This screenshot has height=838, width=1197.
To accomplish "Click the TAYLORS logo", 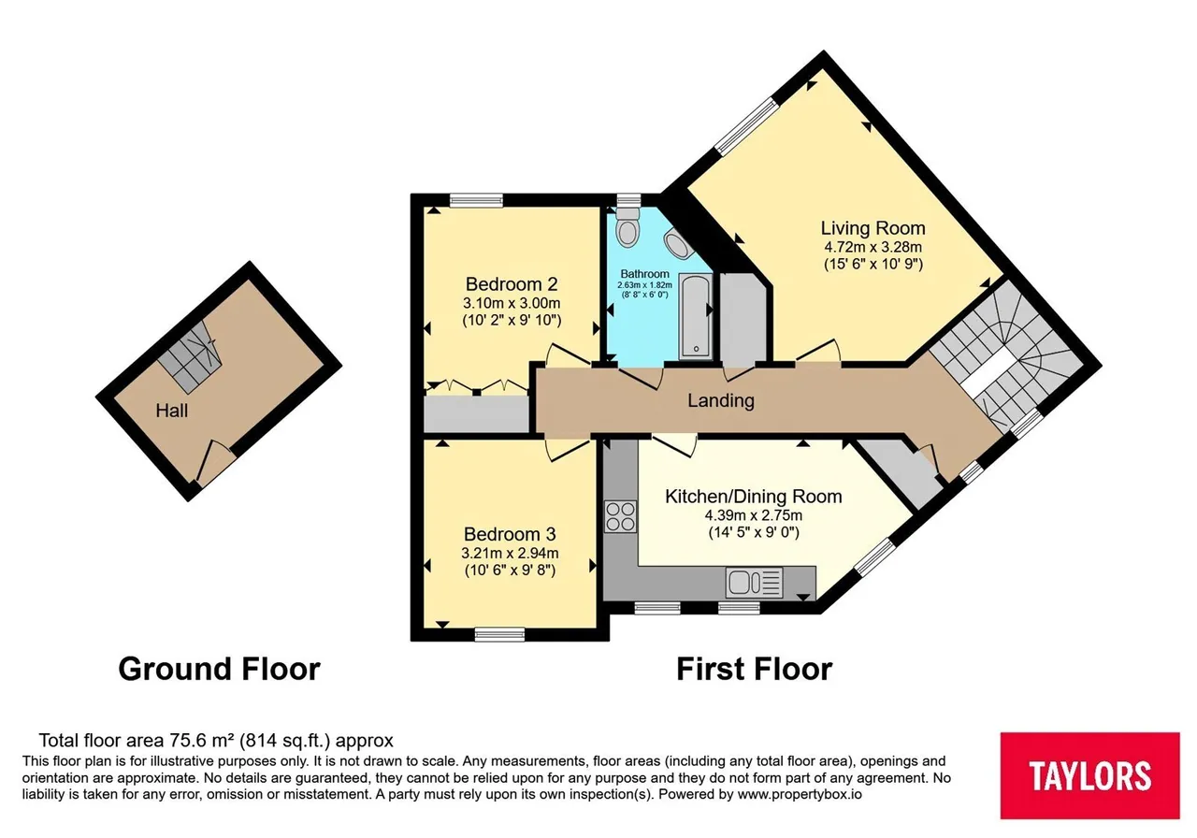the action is [x=1089, y=775].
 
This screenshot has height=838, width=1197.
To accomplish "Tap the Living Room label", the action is [x=873, y=228].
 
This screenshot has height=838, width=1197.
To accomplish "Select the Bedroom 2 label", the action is [x=512, y=283].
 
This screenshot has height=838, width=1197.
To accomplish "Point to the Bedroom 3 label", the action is [x=510, y=534].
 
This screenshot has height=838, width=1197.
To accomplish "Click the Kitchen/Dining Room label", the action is [x=754, y=497].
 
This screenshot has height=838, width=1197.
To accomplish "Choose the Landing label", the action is [x=721, y=400].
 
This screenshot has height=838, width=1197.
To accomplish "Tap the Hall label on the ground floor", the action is [x=171, y=411].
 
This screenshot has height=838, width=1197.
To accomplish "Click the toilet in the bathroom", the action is [x=627, y=226].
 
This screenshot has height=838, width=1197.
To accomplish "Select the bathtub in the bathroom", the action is [x=695, y=316].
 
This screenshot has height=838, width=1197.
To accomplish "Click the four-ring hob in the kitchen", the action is [x=620, y=516].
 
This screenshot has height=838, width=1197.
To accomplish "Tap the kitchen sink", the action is [x=754, y=583].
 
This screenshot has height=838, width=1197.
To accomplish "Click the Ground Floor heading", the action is [x=219, y=669].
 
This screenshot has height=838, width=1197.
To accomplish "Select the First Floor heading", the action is [x=754, y=669].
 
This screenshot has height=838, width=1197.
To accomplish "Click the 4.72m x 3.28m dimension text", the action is [x=873, y=247].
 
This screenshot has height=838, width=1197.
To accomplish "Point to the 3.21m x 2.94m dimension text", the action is [x=510, y=553].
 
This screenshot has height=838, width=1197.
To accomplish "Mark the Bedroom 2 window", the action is [x=476, y=200].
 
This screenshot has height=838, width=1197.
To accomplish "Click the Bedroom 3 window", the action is [x=499, y=634].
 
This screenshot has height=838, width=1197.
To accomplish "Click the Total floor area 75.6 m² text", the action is [x=216, y=740].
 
